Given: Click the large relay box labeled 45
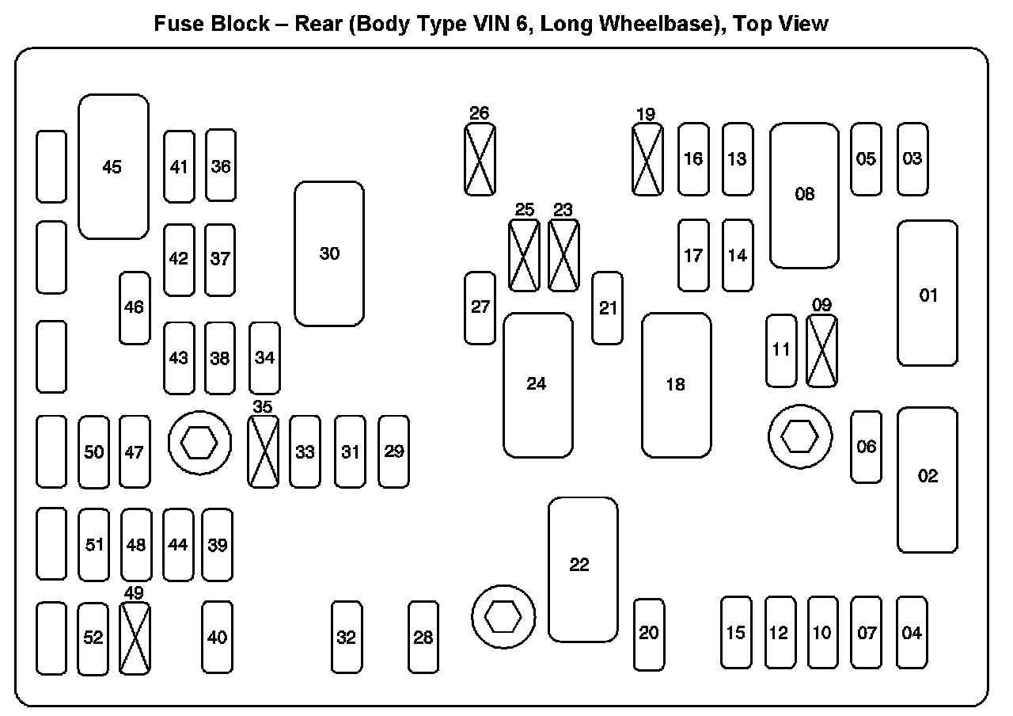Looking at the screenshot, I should [113, 166].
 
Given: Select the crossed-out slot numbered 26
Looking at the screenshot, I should [480, 158].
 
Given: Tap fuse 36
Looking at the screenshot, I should [221, 166].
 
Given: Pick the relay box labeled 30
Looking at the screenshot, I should [329, 253].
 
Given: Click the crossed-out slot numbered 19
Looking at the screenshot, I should [647, 159].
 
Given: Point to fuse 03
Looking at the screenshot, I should [912, 158].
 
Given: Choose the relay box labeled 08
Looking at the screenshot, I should [804, 195].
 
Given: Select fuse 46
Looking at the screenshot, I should [135, 307].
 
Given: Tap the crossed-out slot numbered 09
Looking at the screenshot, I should [821, 350].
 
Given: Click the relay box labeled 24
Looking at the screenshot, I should [537, 385].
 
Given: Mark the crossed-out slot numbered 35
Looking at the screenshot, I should [264, 451].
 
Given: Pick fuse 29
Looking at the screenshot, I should [393, 451].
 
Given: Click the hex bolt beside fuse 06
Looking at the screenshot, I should [800, 435].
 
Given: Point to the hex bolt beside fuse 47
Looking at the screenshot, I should [199, 444].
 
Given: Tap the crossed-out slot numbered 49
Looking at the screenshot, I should [135, 638].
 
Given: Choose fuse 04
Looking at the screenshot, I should [912, 632].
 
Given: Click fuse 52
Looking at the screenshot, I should [93, 638].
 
